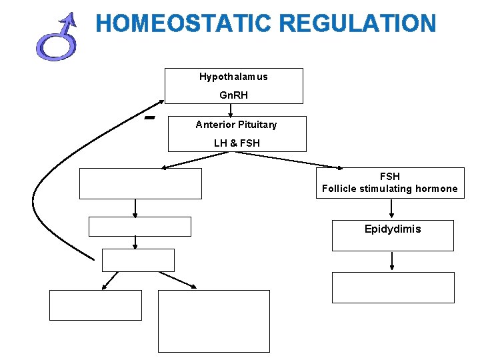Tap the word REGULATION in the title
pos(358,23)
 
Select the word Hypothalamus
pos(233,77)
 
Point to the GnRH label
pos(233,95)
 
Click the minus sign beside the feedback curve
pos(149,117)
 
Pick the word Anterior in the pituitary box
pos(213,125)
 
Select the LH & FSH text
pos(237,143)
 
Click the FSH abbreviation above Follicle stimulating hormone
pos(390,177)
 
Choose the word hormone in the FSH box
pos(437,189)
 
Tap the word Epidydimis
pos(393,229)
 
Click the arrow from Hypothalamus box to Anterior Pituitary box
pos(231,110)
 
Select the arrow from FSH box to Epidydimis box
pos(391,209)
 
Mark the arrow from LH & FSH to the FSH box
pos(287,160)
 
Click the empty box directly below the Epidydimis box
pos(393,287)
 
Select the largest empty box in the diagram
pos(214,321)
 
